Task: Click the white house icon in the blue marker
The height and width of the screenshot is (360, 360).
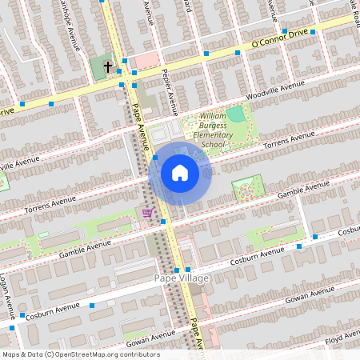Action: (180, 172)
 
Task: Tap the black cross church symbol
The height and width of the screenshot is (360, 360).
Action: (108, 67)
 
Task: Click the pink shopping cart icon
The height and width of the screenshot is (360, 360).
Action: (147, 213)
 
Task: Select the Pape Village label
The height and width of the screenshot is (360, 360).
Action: (182, 278)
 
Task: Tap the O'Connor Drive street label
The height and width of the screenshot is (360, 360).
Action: (278, 39)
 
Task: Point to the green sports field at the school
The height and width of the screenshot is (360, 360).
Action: (235, 114)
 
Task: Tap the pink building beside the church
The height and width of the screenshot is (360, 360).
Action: (144, 61)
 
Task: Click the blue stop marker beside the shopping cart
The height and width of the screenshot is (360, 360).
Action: (163, 221)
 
